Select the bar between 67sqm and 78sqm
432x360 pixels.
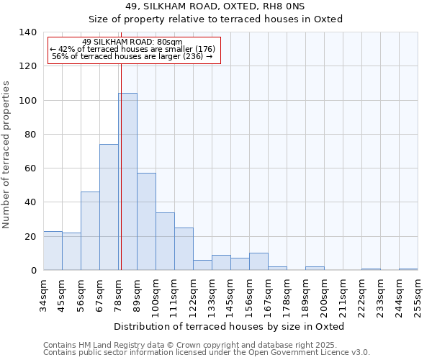click(109, 207)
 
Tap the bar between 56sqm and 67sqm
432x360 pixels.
click(90, 230)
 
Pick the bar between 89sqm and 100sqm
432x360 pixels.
click(146, 222)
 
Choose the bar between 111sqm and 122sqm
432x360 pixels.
click(184, 249)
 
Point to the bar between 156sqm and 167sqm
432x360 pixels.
click(258, 262)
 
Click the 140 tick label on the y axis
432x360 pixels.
click(28, 32)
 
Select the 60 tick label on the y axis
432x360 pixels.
click(30, 168)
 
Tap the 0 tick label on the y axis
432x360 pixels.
click(33, 271)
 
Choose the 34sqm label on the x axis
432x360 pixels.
click(43, 294)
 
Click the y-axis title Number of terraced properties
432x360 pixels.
click(7, 155)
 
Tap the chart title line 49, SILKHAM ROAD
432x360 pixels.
click(215, 6)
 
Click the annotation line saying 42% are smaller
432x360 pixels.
click(132, 49)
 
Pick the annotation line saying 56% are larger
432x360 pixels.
click(132, 56)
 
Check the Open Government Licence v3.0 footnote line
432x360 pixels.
click(206, 352)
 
